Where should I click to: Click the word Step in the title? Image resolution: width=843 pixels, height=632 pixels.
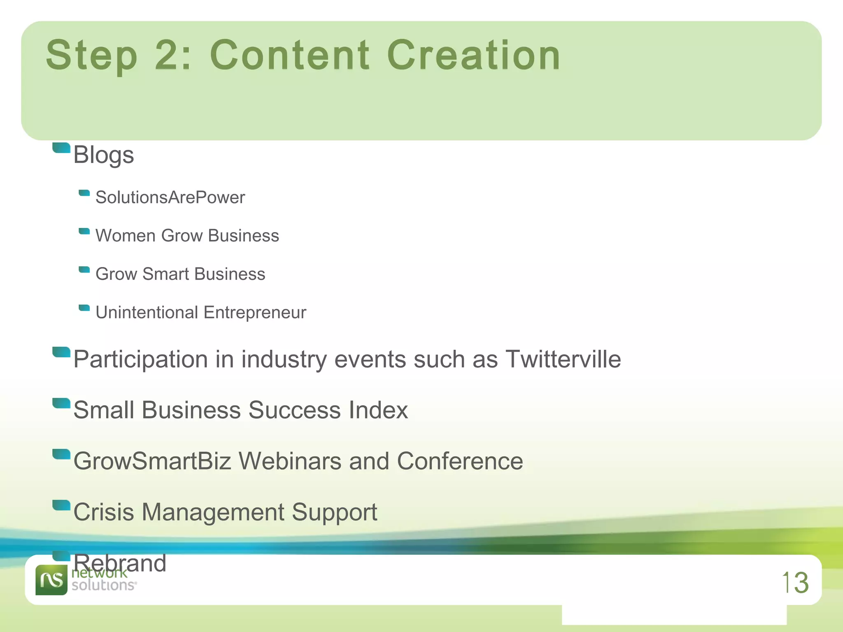pyautogui.click(x=91, y=56)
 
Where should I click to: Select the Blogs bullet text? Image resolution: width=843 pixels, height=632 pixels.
pyautogui.click(x=104, y=155)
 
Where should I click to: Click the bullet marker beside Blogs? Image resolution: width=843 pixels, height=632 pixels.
pyautogui.click(x=61, y=148)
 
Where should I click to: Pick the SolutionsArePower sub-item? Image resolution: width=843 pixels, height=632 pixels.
pyautogui.click(x=170, y=197)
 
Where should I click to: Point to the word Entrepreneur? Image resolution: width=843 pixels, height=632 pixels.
pyautogui.click(x=255, y=313)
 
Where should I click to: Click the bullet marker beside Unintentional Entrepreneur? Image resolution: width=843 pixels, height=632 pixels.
pyautogui.click(x=84, y=308)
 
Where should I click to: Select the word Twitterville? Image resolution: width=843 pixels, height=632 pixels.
pyautogui.click(x=563, y=359)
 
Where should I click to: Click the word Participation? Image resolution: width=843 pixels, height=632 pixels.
pyautogui.click(x=140, y=360)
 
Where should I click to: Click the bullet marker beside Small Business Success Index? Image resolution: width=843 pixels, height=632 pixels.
pyautogui.click(x=61, y=403)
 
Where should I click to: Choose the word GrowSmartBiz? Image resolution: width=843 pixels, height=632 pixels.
pyautogui.click(x=152, y=461)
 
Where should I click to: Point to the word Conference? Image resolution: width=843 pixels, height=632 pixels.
pyautogui.click(x=460, y=461)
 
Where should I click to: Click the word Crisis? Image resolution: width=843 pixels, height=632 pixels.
pyautogui.click(x=104, y=512)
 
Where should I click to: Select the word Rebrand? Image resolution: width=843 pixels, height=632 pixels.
pyautogui.click(x=120, y=563)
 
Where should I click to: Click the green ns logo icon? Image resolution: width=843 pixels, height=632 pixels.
pyautogui.click(x=51, y=580)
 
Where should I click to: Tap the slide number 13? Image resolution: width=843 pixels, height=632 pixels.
pyautogui.click(x=795, y=583)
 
